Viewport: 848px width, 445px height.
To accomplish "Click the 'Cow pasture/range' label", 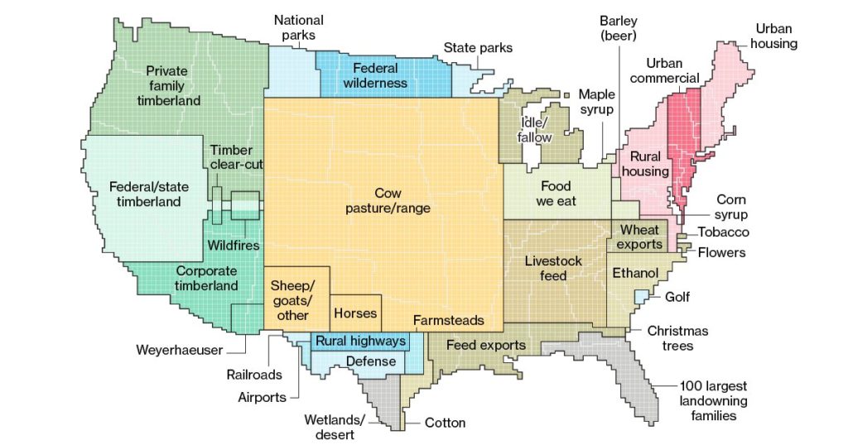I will [x=388, y=201].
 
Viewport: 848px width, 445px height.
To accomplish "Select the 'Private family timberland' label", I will [x=168, y=85].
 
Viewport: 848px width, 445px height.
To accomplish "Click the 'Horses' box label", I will [x=355, y=313].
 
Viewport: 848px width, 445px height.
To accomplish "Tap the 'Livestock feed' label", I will [x=553, y=268].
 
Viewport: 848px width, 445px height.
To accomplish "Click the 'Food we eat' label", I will [x=556, y=194].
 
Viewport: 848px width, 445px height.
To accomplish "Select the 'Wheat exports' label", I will [x=641, y=237].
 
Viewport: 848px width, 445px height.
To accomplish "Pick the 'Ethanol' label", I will [x=635, y=273].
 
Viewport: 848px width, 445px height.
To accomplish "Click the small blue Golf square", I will [x=641, y=296].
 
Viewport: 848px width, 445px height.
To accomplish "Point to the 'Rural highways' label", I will [x=360, y=341].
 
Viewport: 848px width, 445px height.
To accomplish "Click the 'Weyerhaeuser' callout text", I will [x=180, y=350].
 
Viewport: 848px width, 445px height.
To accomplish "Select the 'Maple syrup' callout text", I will [x=596, y=102].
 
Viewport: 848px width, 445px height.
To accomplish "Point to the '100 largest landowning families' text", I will [x=713, y=400].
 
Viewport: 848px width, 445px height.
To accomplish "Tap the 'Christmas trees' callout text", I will [x=677, y=337].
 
